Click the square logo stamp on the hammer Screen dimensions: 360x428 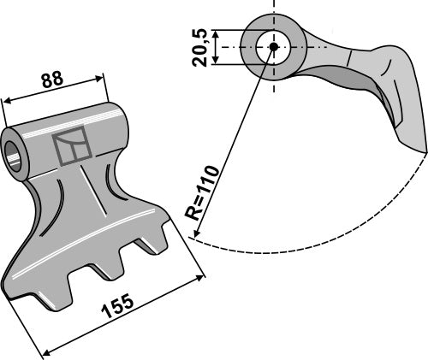pos(71,146)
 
